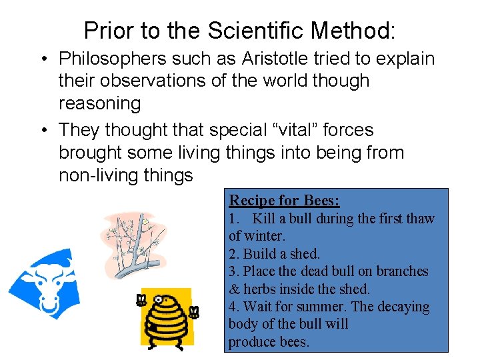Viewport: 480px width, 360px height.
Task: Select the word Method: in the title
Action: pos(353,30)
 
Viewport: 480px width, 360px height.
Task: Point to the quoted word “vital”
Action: pos(300,130)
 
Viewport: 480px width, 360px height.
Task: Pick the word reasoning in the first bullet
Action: pos(100,104)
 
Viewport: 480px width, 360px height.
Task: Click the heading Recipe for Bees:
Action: pos(284,200)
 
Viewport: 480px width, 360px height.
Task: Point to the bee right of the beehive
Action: pos(194,311)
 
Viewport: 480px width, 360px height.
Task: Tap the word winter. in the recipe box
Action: pos(265,236)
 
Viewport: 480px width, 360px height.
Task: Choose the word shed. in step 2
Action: pos(306,254)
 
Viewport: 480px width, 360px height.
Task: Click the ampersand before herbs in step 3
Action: pos(234,289)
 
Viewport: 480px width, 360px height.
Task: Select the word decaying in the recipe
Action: pos(404,307)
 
